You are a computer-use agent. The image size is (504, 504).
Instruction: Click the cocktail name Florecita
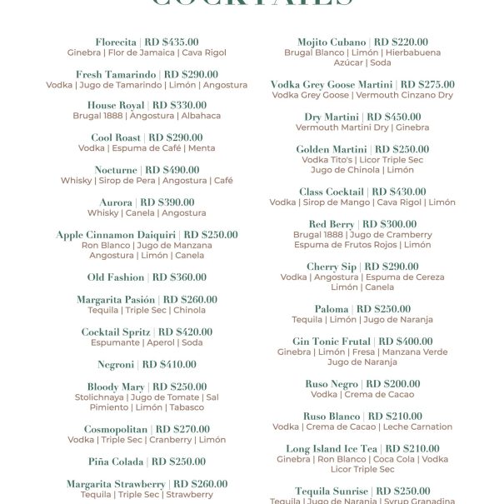click(115, 42)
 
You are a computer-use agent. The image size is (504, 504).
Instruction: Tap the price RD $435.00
click(171, 42)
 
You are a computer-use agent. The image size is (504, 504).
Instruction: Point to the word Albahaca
click(201, 117)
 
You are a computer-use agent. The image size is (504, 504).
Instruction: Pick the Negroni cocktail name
click(116, 365)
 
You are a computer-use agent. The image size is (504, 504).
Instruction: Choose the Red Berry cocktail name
click(331, 224)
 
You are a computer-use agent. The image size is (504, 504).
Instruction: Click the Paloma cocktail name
click(332, 309)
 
